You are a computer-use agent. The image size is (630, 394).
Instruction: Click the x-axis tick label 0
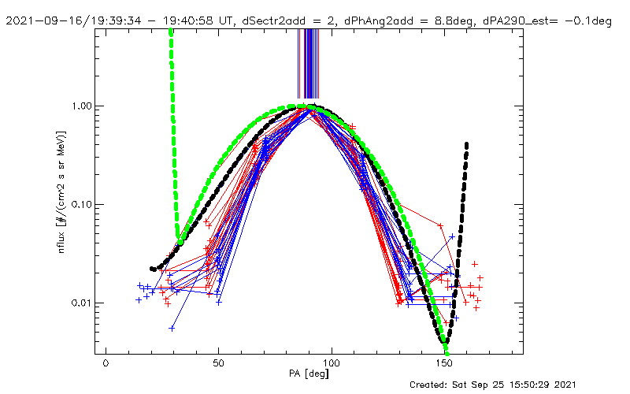(x=106, y=365)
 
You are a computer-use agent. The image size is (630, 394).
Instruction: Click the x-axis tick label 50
(x=218, y=365)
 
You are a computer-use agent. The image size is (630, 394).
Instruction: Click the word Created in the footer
(x=430, y=385)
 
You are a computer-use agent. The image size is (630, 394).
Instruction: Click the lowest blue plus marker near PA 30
(x=172, y=328)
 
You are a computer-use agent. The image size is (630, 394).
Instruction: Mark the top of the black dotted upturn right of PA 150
(x=467, y=144)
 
